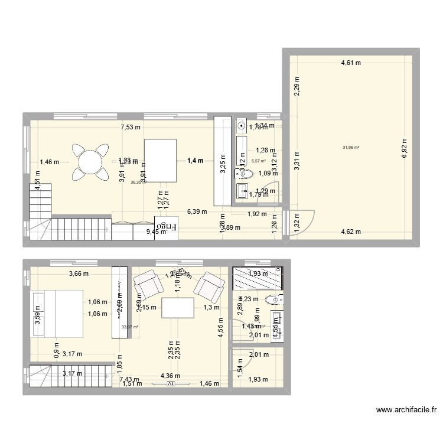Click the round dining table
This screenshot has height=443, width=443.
(90, 161)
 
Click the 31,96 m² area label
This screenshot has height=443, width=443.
(351, 148)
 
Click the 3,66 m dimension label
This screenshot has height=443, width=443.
(78, 273)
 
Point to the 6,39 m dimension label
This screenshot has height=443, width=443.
(197, 211)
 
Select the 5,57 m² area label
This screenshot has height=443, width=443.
(259, 161)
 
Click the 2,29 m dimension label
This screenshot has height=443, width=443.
(297, 87)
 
